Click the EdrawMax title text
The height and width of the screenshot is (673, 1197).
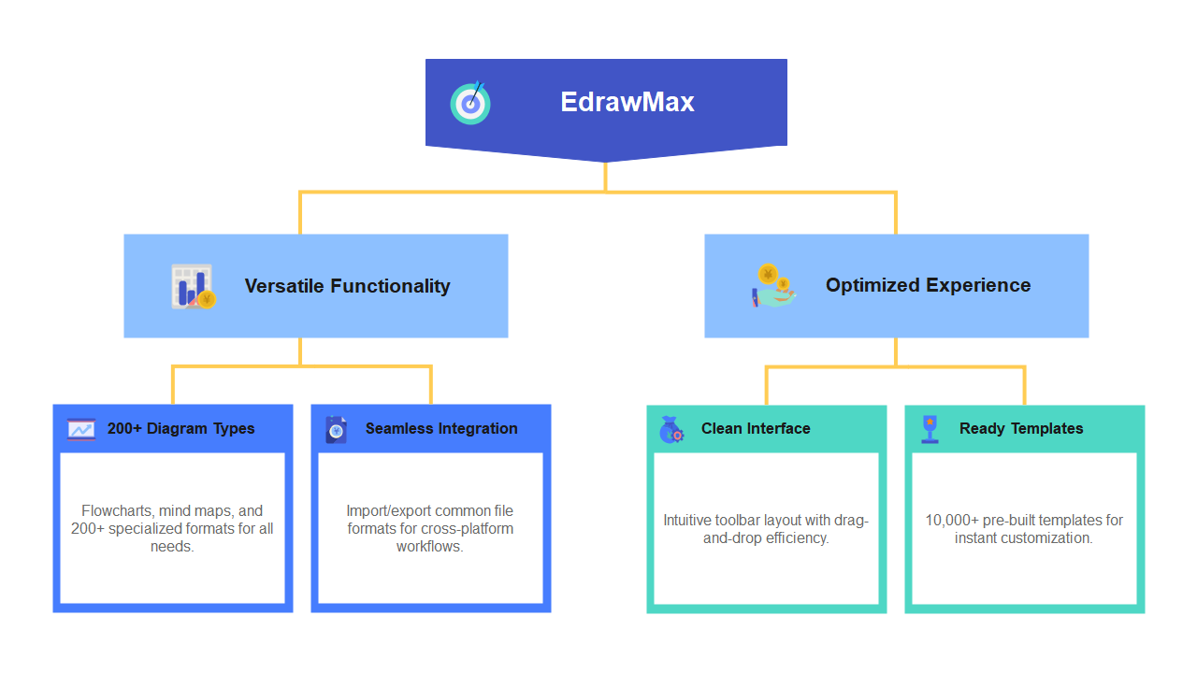click(x=627, y=102)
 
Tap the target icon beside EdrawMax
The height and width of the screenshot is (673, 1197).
click(x=470, y=103)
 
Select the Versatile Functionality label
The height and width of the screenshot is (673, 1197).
click(x=347, y=286)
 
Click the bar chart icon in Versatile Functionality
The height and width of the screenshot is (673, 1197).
click(x=193, y=286)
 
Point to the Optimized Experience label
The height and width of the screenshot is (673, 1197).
click(x=928, y=285)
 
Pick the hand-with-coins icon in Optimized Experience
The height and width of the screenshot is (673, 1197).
click(x=773, y=285)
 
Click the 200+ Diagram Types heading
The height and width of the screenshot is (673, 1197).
click(x=180, y=428)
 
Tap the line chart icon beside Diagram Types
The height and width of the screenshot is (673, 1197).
click(x=81, y=429)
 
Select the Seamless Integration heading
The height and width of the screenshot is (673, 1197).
click(x=441, y=428)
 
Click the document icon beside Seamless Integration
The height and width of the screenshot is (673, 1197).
click(x=336, y=429)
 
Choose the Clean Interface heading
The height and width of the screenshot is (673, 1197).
click(x=756, y=428)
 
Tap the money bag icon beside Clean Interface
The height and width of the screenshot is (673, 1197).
click(x=671, y=429)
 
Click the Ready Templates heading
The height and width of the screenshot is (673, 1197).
click(x=1021, y=428)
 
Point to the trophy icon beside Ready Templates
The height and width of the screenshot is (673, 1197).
click(x=930, y=428)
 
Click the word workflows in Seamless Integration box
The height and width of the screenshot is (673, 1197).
click(x=429, y=546)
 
